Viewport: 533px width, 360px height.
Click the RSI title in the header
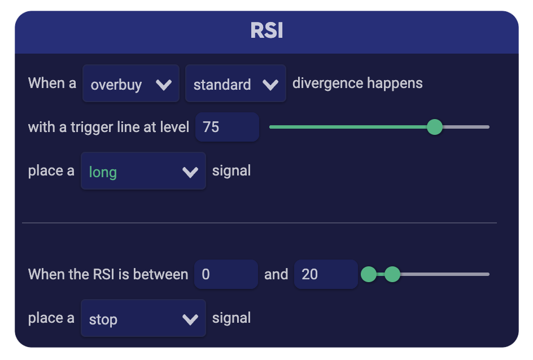(266, 30)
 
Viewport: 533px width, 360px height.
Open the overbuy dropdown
(130, 84)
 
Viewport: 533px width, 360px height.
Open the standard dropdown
(235, 84)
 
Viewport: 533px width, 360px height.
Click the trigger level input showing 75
(226, 127)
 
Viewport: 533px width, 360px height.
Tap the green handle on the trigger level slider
(434, 127)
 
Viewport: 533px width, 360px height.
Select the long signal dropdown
(143, 172)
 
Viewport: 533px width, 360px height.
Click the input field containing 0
(225, 275)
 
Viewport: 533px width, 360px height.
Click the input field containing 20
(325, 275)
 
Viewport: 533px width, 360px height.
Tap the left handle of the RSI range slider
(368, 275)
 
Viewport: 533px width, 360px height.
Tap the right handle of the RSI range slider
(392, 275)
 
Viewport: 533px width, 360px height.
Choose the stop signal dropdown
(143, 319)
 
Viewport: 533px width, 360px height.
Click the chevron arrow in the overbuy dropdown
(164, 85)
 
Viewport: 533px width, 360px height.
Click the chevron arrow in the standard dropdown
(270, 85)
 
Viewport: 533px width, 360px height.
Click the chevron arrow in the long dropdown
(190, 172)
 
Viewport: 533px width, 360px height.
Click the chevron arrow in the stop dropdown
(190, 319)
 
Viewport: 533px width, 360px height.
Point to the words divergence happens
(357, 84)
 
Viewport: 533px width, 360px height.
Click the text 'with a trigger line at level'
(108, 127)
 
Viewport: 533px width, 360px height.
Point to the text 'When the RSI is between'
(108, 275)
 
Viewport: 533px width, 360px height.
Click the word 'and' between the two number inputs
(276, 275)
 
